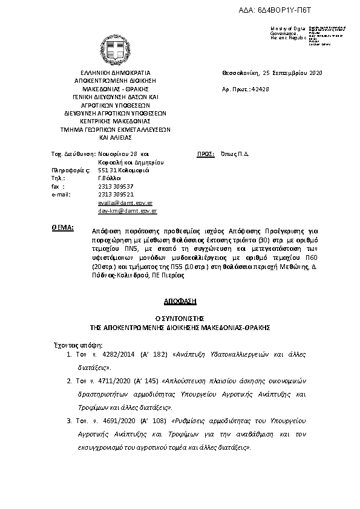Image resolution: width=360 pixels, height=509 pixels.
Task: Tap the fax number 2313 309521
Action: (x=116, y=195)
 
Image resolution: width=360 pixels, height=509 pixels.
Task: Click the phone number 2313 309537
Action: (x=116, y=187)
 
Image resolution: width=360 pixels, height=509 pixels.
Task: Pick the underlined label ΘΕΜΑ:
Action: (x=63, y=228)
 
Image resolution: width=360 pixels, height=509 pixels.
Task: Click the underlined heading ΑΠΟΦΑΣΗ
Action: (x=180, y=300)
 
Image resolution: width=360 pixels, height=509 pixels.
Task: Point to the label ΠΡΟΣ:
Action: (x=206, y=154)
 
